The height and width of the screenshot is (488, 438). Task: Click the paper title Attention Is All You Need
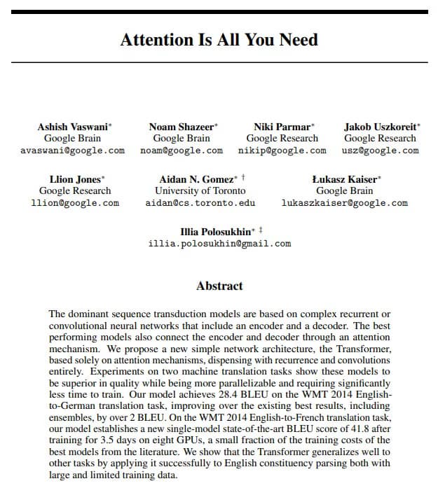coord(219,40)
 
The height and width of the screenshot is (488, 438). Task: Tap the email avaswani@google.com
coord(73,151)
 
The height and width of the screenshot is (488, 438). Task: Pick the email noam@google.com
coord(182,151)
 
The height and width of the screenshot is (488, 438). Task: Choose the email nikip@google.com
coord(282,151)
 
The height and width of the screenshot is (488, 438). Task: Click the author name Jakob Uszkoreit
coord(379,127)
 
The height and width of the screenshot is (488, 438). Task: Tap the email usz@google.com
coord(380,151)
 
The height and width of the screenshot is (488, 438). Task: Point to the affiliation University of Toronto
coord(200,190)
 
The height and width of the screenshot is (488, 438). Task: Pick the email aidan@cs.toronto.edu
coord(200,203)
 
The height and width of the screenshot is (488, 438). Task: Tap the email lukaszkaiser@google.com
coord(344,203)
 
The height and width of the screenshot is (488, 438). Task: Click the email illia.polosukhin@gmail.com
coord(219,244)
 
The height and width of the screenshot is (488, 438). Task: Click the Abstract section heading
coord(219,286)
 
